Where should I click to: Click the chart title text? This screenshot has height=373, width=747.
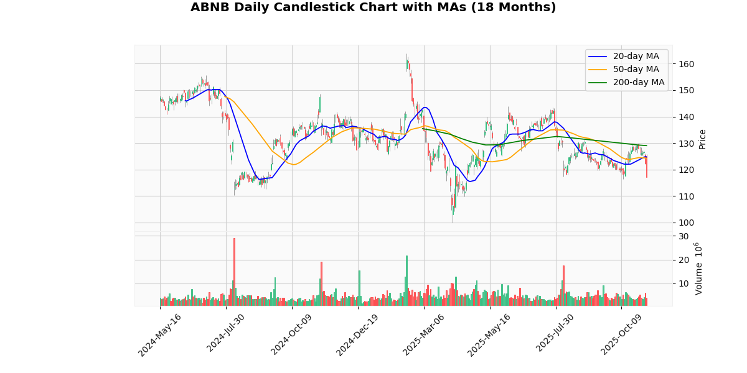(373, 7)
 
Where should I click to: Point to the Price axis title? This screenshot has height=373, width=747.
(702, 139)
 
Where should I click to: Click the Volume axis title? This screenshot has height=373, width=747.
(698, 269)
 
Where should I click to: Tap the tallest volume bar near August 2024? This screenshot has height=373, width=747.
(234, 272)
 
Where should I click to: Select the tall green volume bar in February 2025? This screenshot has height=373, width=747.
(406, 280)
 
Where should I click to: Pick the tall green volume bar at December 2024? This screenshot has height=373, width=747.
(359, 288)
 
